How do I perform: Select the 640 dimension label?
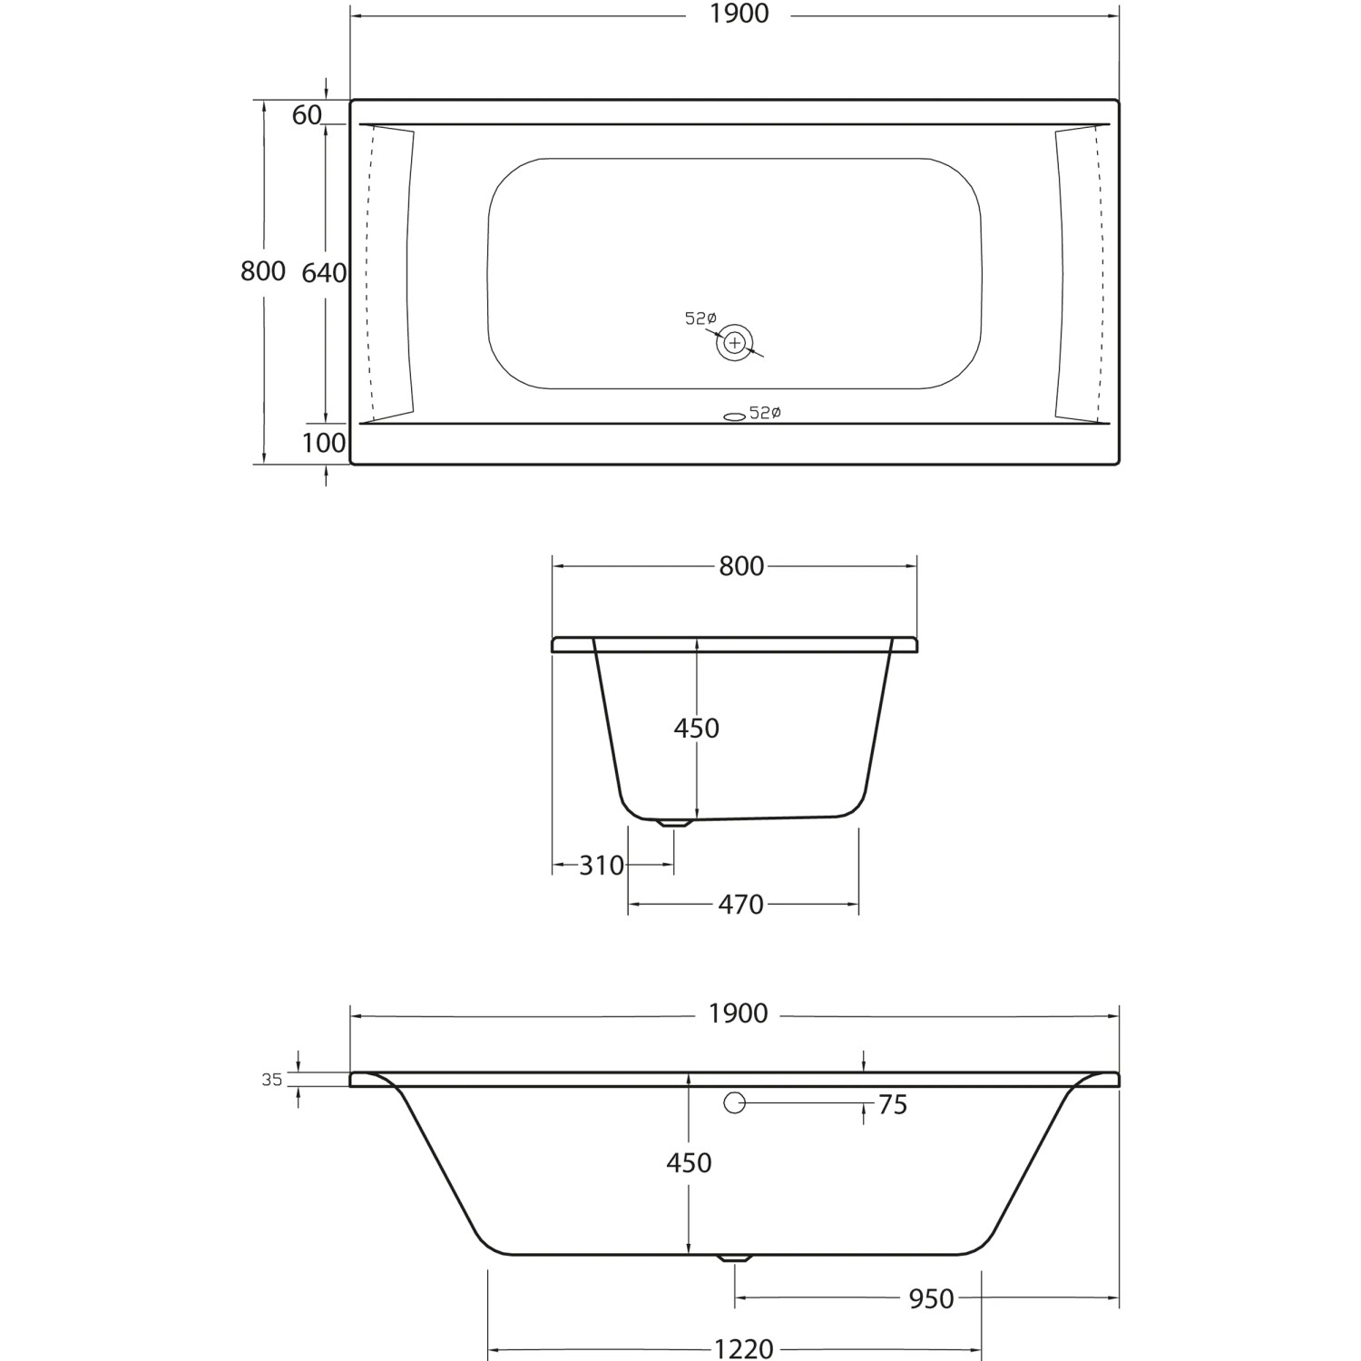(x=324, y=272)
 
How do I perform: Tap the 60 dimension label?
(x=307, y=115)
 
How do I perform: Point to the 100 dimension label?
(x=324, y=443)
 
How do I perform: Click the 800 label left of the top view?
(x=263, y=271)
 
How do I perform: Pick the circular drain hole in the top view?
(x=735, y=343)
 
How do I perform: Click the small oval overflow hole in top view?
(x=734, y=416)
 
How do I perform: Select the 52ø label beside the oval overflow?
(x=766, y=413)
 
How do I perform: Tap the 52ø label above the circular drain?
(x=700, y=318)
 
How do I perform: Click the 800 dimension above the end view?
(x=741, y=566)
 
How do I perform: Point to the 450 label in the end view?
(x=696, y=728)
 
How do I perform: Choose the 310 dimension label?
(x=602, y=866)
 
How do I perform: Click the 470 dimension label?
(x=740, y=905)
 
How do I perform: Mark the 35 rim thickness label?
(x=272, y=1080)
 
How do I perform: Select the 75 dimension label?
(x=893, y=1105)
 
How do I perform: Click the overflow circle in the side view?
(x=734, y=1103)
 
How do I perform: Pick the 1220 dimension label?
(x=744, y=1349)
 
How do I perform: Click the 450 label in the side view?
(x=689, y=1162)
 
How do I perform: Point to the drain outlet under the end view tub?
(x=673, y=824)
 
